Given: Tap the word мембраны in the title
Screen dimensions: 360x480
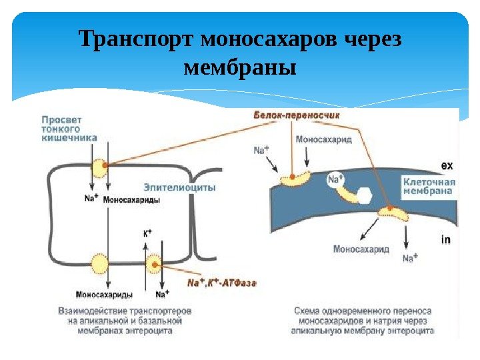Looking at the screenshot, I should [x=239, y=67].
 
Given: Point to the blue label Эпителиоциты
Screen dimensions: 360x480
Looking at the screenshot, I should [x=179, y=187].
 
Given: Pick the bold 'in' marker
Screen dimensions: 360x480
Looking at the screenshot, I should [x=446, y=239].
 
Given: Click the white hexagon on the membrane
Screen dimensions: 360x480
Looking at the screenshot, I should [x=365, y=195].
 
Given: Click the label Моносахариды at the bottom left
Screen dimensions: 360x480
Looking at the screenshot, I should [x=104, y=294].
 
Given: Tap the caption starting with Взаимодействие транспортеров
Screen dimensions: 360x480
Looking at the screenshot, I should [x=125, y=321].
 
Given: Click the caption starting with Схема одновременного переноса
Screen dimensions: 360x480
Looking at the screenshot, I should [x=363, y=321].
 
